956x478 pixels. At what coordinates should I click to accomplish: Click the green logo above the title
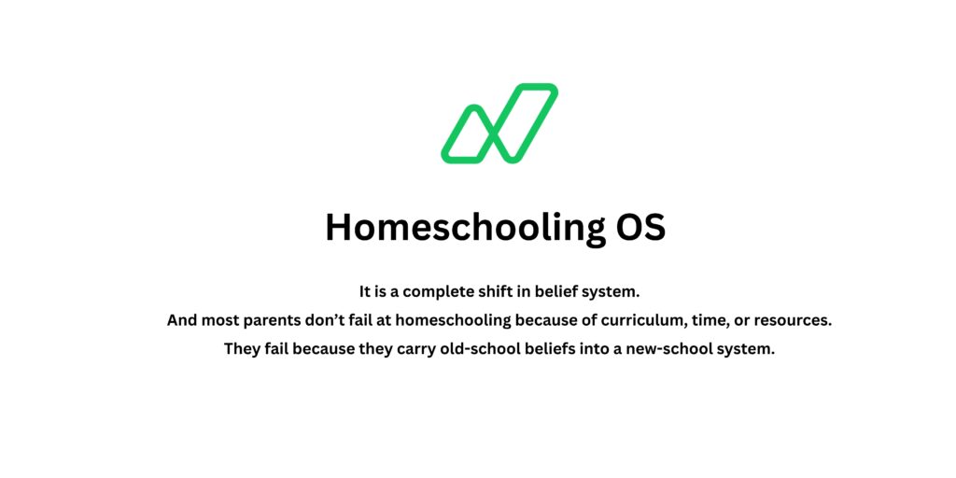499,122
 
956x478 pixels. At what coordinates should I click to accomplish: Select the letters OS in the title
640,227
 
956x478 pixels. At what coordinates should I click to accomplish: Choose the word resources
794,320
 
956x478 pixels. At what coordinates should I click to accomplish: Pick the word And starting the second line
183,320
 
